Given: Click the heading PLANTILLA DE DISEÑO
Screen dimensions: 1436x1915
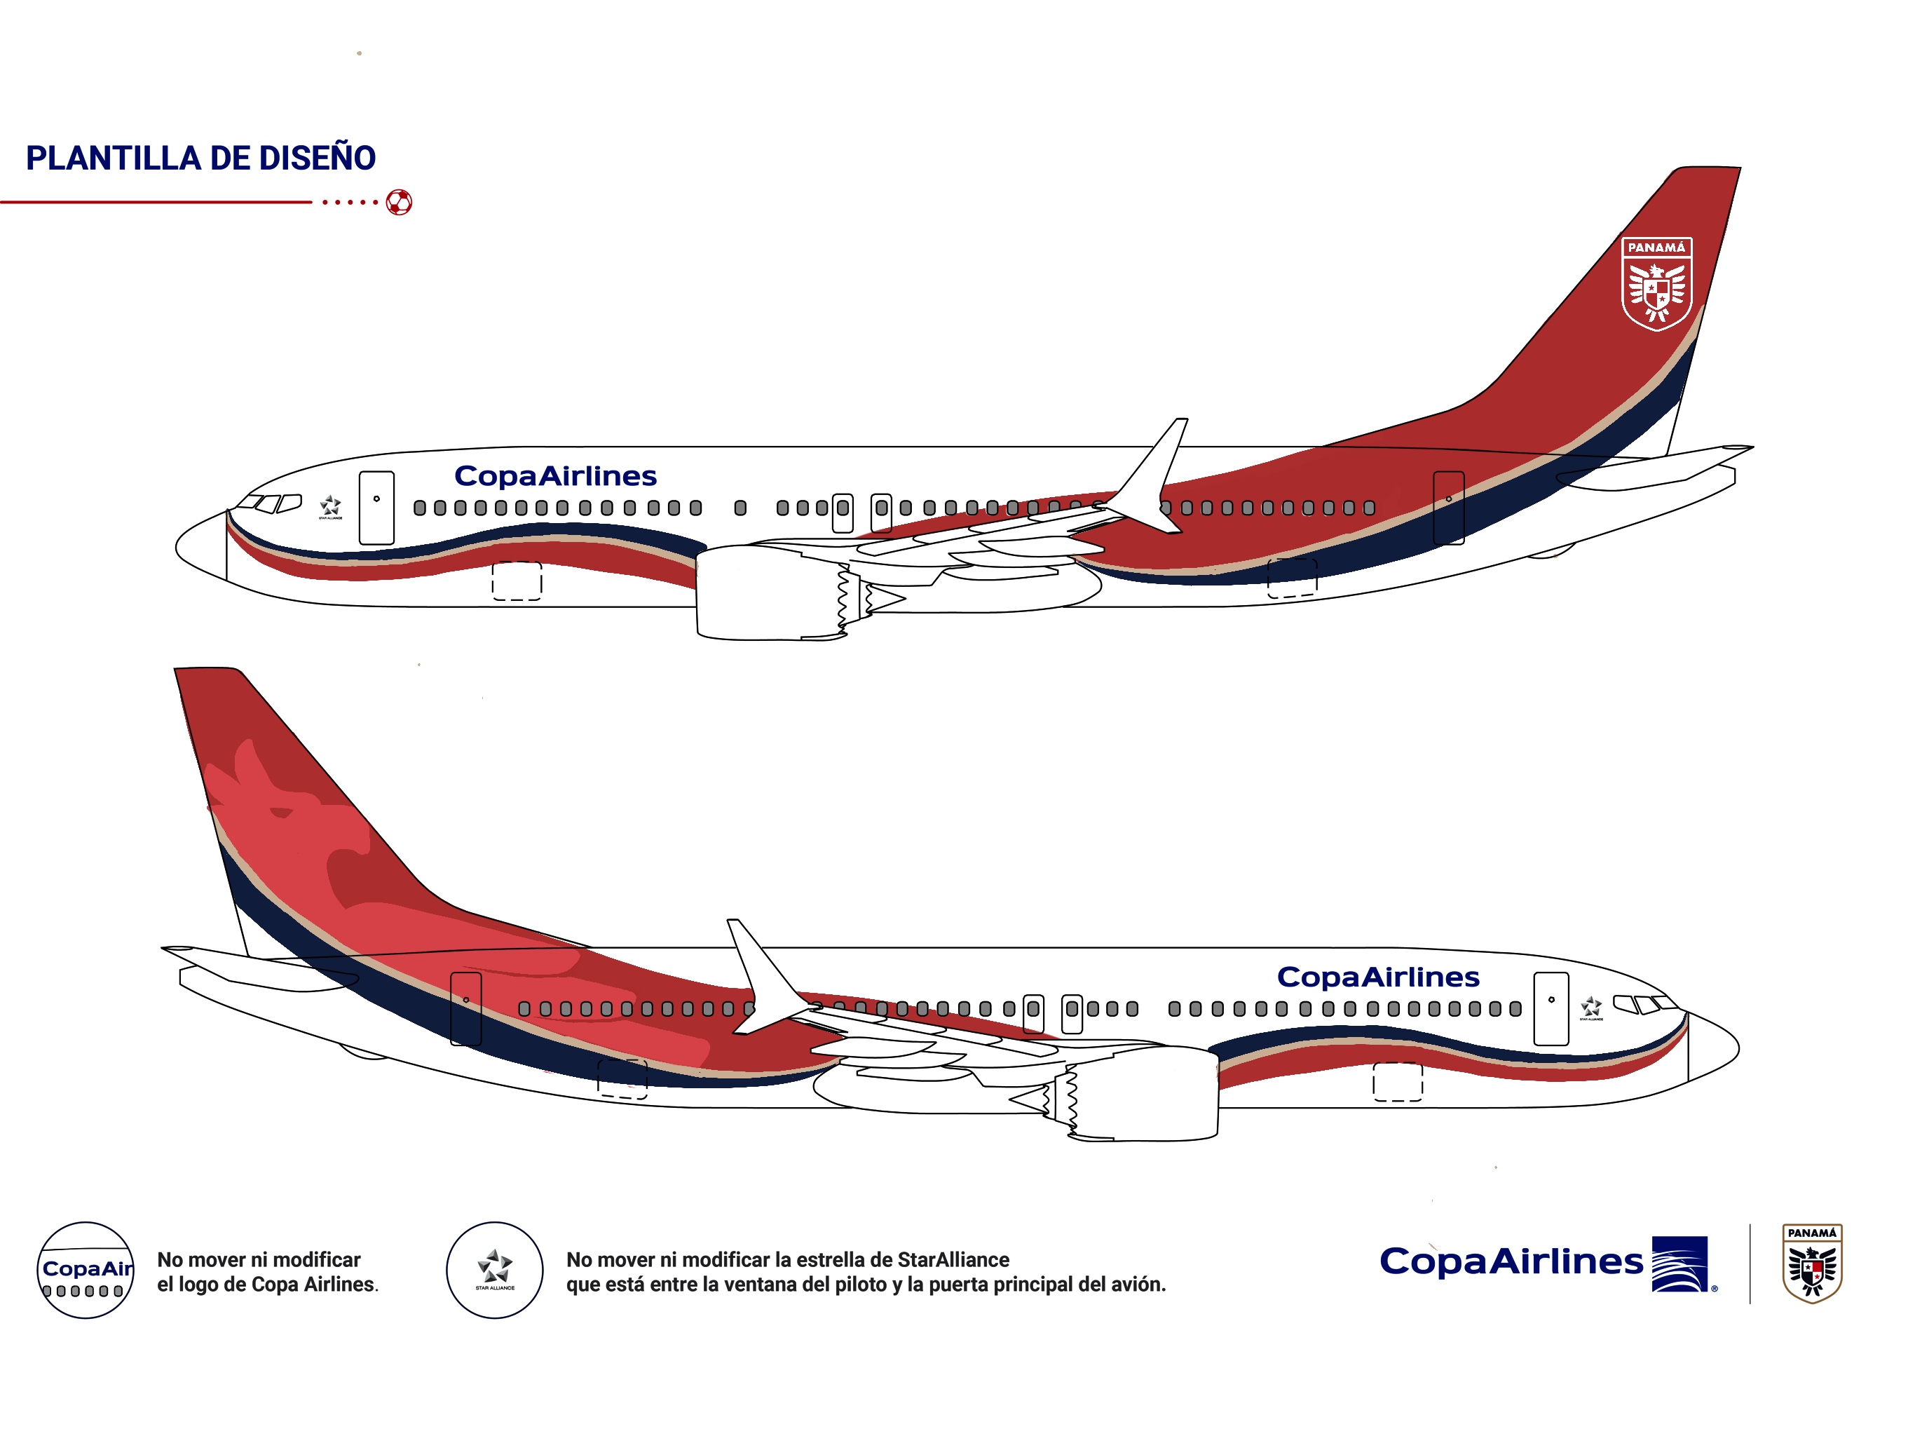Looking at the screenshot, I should tap(201, 158).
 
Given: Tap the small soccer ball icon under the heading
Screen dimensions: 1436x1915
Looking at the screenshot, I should tap(399, 203).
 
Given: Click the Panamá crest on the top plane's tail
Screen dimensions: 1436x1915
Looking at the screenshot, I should tap(1656, 283).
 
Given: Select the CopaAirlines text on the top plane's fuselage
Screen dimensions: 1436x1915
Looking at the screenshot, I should tap(555, 476).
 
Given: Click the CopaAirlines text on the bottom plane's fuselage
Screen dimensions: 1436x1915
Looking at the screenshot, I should tap(1377, 977).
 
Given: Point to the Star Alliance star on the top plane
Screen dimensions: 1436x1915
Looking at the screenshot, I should tap(330, 506).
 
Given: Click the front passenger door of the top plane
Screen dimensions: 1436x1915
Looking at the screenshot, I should tap(376, 508).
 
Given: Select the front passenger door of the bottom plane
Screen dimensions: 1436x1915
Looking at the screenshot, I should tap(1551, 1008).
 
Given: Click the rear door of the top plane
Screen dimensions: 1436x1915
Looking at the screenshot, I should tap(1448, 508).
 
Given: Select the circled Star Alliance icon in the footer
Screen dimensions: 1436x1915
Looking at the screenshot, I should tap(494, 1271).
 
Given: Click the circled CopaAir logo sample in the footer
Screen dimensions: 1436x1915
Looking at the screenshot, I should tap(86, 1271).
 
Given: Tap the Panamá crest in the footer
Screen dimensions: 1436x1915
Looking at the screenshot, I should tap(1812, 1263).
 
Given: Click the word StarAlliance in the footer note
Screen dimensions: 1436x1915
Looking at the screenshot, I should tap(953, 1259).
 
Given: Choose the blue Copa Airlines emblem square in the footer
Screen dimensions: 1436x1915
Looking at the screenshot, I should tap(1679, 1264).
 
